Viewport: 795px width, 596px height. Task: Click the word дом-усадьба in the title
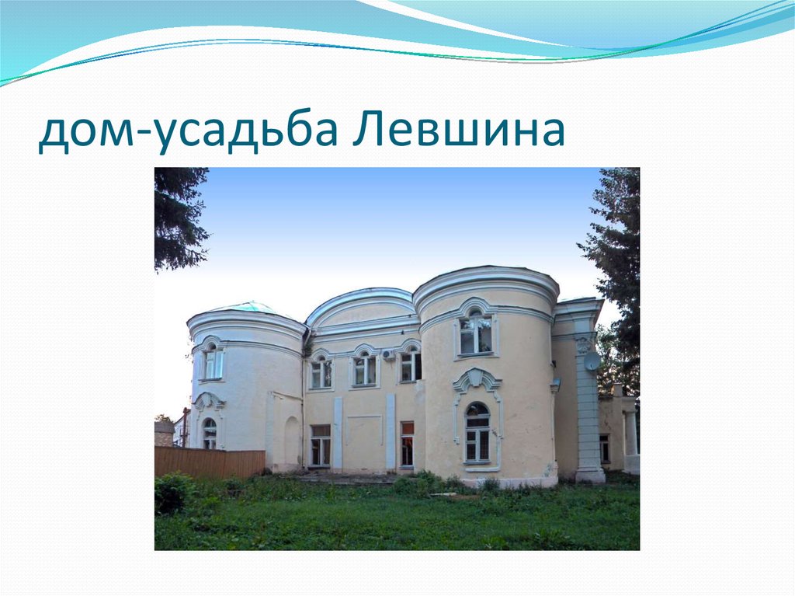tap(187, 132)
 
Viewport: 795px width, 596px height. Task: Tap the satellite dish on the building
tap(592, 361)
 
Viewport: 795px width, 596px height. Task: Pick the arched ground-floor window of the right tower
tap(477, 433)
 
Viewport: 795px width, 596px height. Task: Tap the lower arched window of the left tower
tap(210, 434)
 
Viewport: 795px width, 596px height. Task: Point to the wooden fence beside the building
tap(210, 462)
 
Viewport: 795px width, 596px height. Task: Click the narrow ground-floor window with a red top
tap(407, 444)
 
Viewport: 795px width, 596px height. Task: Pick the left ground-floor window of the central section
tap(320, 445)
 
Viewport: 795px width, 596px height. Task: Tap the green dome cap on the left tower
tap(245, 308)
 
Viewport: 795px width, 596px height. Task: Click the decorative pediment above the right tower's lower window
tap(477, 380)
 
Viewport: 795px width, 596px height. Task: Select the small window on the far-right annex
tap(604, 448)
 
